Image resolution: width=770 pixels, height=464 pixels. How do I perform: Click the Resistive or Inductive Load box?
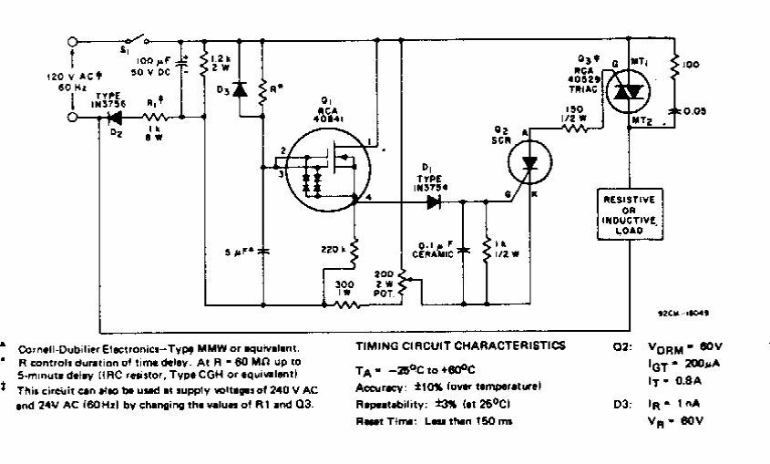click(631, 212)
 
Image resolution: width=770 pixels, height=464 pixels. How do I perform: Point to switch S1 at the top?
click(135, 41)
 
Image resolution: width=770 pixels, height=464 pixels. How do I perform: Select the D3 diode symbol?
click(241, 89)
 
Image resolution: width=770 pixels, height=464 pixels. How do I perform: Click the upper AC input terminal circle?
click(74, 41)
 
